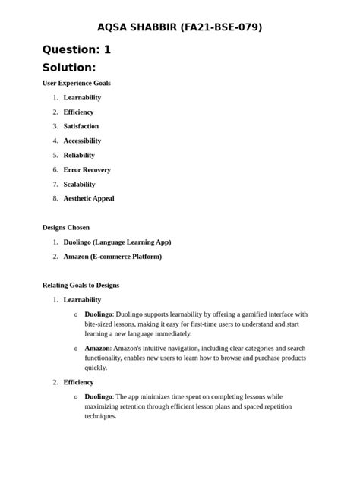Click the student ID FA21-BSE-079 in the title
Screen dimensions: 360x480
click(x=221, y=27)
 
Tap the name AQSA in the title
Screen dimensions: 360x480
click(x=114, y=27)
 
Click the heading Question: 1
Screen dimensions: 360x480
click(x=77, y=49)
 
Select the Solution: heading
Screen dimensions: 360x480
click(x=69, y=68)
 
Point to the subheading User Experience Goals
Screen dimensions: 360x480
click(x=76, y=83)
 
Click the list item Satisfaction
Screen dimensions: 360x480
click(x=81, y=126)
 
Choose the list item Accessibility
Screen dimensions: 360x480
click(x=82, y=141)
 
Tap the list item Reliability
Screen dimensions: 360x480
click(x=79, y=155)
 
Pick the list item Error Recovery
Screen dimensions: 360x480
click(x=87, y=169)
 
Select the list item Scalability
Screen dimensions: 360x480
click(x=79, y=184)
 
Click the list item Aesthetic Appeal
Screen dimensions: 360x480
click(x=89, y=198)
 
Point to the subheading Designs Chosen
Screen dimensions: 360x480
click(x=65, y=227)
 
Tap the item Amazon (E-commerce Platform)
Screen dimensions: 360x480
click(x=112, y=256)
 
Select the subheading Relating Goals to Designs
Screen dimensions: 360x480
click(x=81, y=285)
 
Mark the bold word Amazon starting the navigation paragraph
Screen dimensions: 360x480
click(x=98, y=348)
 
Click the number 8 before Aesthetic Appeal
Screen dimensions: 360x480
click(x=55, y=198)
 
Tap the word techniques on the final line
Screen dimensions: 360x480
click(x=100, y=416)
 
